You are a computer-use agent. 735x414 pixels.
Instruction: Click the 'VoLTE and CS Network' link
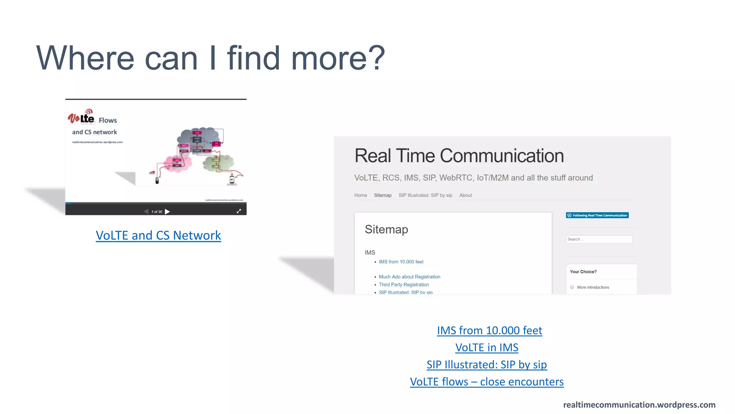(x=158, y=235)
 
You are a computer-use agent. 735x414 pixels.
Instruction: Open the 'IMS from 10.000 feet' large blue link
(x=489, y=330)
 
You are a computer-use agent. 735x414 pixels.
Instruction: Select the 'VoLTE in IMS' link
(x=487, y=348)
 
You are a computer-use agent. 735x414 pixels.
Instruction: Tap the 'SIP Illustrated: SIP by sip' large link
(x=487, y=364)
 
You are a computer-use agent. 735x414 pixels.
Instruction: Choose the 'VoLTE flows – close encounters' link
(x=487, y=382)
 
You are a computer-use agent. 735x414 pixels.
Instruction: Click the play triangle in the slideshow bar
(x=167, y=212)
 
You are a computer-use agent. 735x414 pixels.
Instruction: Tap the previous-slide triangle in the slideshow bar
(x=146, y=212)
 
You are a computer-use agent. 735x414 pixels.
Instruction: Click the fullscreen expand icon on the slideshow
(x=239, y=211)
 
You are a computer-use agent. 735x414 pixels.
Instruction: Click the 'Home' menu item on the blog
(x=360, y=195)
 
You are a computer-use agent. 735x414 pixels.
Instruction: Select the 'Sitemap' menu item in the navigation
(x=383, y=195)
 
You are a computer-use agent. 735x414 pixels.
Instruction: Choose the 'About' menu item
(x=465, y=195)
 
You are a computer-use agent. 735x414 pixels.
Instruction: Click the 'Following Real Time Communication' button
(x=597, y=215)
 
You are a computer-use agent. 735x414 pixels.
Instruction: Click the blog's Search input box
(x=599, y=239)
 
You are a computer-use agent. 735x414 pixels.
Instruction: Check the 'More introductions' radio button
(x=572, y=287)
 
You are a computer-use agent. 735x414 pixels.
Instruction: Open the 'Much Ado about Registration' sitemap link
(x=409, y=277)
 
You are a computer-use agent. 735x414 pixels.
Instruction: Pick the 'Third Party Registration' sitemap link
(x=404, y=285)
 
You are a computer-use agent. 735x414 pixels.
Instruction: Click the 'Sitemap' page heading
(x=386, y=229)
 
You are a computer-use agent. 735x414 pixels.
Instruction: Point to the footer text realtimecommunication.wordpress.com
(x=639, y=405)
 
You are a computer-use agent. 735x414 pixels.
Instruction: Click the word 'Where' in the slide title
(x=85, y=58)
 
